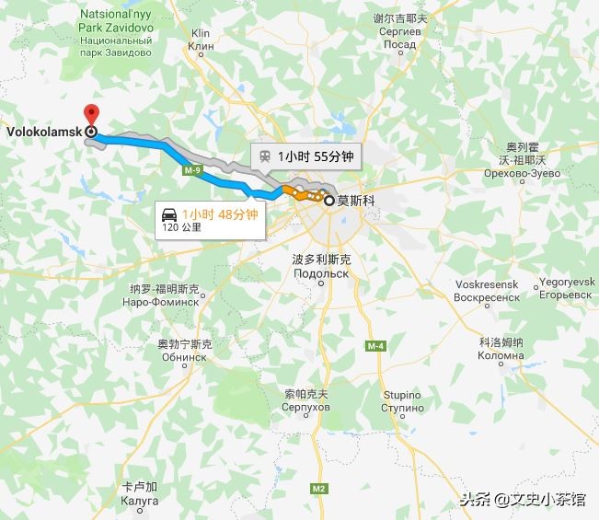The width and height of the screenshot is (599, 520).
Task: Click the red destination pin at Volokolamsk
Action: (90, 115)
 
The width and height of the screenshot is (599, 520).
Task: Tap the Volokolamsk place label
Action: (42, 132)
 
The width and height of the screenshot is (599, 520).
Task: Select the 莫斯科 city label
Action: (356, 198)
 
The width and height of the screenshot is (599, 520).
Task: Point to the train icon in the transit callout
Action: (265, 156)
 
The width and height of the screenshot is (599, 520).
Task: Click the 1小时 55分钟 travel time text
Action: (315, 156)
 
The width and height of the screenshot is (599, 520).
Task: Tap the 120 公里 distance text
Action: (181, 226)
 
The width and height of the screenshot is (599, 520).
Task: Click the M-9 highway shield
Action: (191, 171)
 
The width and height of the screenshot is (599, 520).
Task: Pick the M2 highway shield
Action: (318, 487)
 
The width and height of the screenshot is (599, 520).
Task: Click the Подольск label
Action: (321, 274)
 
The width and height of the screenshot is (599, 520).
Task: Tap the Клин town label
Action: (200, 45)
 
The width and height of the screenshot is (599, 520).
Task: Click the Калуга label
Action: (140, 501)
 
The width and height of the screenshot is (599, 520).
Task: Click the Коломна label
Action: (501, 355)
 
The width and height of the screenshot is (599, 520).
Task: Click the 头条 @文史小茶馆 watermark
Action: (522, 500)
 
